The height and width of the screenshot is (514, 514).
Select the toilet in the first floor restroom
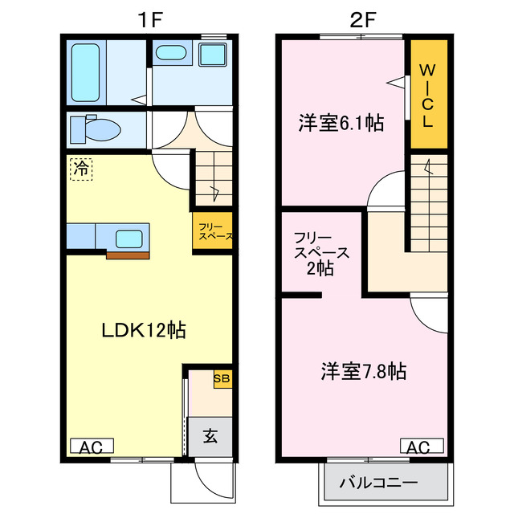pos(98,128)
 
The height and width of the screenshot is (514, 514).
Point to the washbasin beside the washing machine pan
pos(170,54)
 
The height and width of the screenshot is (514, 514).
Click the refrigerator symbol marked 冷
pos(81,169)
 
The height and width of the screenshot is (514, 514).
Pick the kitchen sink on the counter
pos(129,238)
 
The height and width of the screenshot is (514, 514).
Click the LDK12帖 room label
pos(143,330)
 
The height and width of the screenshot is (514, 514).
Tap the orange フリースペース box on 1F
pos(213,231)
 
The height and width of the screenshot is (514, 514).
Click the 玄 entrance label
pos(210,437)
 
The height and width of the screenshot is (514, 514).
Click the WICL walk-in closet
pos(426,95)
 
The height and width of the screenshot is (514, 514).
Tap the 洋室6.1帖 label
pos(341,123)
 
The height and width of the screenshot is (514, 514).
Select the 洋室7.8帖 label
pos(363,371)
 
